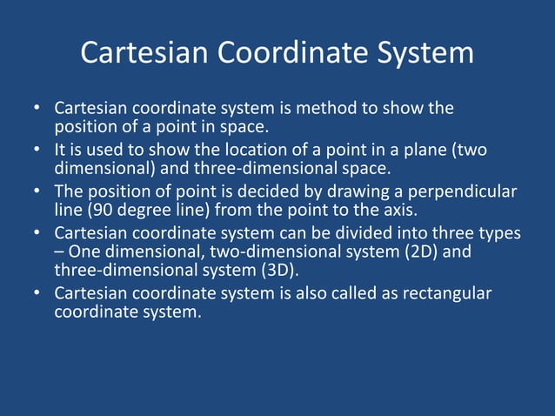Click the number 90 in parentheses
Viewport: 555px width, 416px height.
click(106, 211)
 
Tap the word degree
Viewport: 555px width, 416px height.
click(147, 211)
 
